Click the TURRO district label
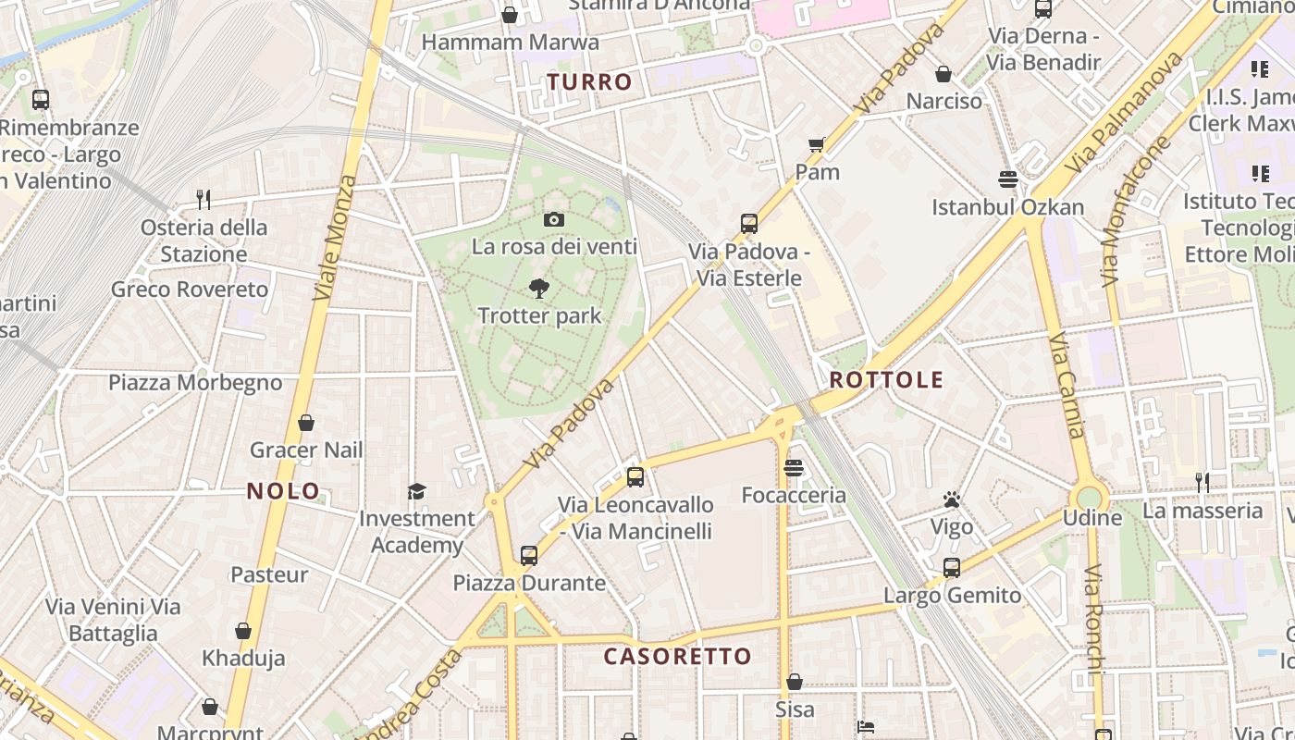coord(589,82)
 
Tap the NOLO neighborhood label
coord(283,491)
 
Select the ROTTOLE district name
coord(886,380)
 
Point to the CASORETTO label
coord(678,657)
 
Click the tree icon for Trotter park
coord(539,289)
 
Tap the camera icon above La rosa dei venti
coord(554,219)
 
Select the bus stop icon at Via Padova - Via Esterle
coord(749,224)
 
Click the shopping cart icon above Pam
coord(817,144)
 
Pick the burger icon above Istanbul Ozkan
coord(1008,179)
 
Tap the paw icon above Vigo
coord(952,500)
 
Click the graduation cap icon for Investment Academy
coord(417,491)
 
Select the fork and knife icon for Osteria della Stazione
coord(203,199)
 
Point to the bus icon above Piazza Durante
coord(529,556)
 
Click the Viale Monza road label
coord(335,238)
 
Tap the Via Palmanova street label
coord(1124,113)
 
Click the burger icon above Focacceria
coord(794,468)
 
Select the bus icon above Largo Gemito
coord(952,568)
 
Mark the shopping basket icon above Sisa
coord(795,683)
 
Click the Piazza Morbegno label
coord(195,383)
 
